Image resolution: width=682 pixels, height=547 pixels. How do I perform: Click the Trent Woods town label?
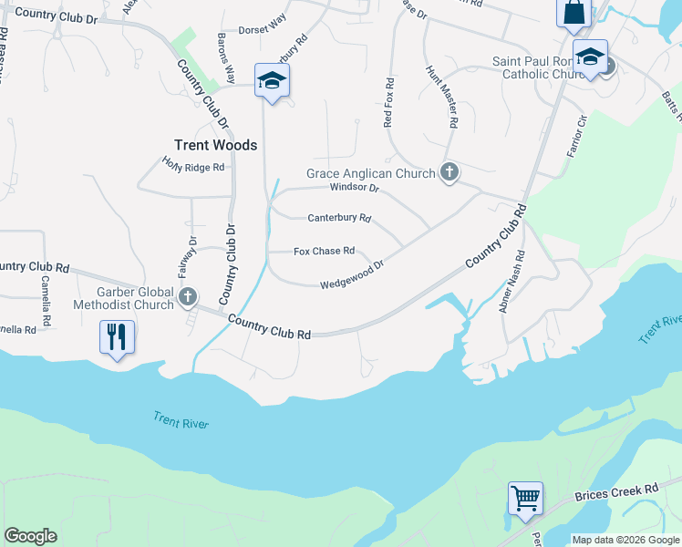coord(215,145)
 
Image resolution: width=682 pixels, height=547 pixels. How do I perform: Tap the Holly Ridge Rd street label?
coord(193,167)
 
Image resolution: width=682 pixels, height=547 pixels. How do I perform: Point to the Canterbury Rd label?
coord(339,218)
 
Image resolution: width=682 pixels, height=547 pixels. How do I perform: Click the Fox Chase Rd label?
coord(324,251)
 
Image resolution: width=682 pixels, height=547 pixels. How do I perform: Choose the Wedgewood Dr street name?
coord(351,274)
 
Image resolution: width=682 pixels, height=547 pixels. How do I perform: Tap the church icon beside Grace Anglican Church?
coord(449,171)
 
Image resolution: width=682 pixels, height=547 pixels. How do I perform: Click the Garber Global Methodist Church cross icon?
coord(188,296)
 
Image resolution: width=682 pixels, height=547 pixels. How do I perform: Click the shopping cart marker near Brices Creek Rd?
coord(525,498)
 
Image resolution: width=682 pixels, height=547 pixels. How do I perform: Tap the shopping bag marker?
coord(573,13)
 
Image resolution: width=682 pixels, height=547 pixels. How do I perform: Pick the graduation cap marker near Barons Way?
coord(272,80)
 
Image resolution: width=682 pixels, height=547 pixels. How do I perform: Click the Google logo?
coord(30,536)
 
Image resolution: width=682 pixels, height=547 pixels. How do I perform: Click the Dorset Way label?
coord(263,29)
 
